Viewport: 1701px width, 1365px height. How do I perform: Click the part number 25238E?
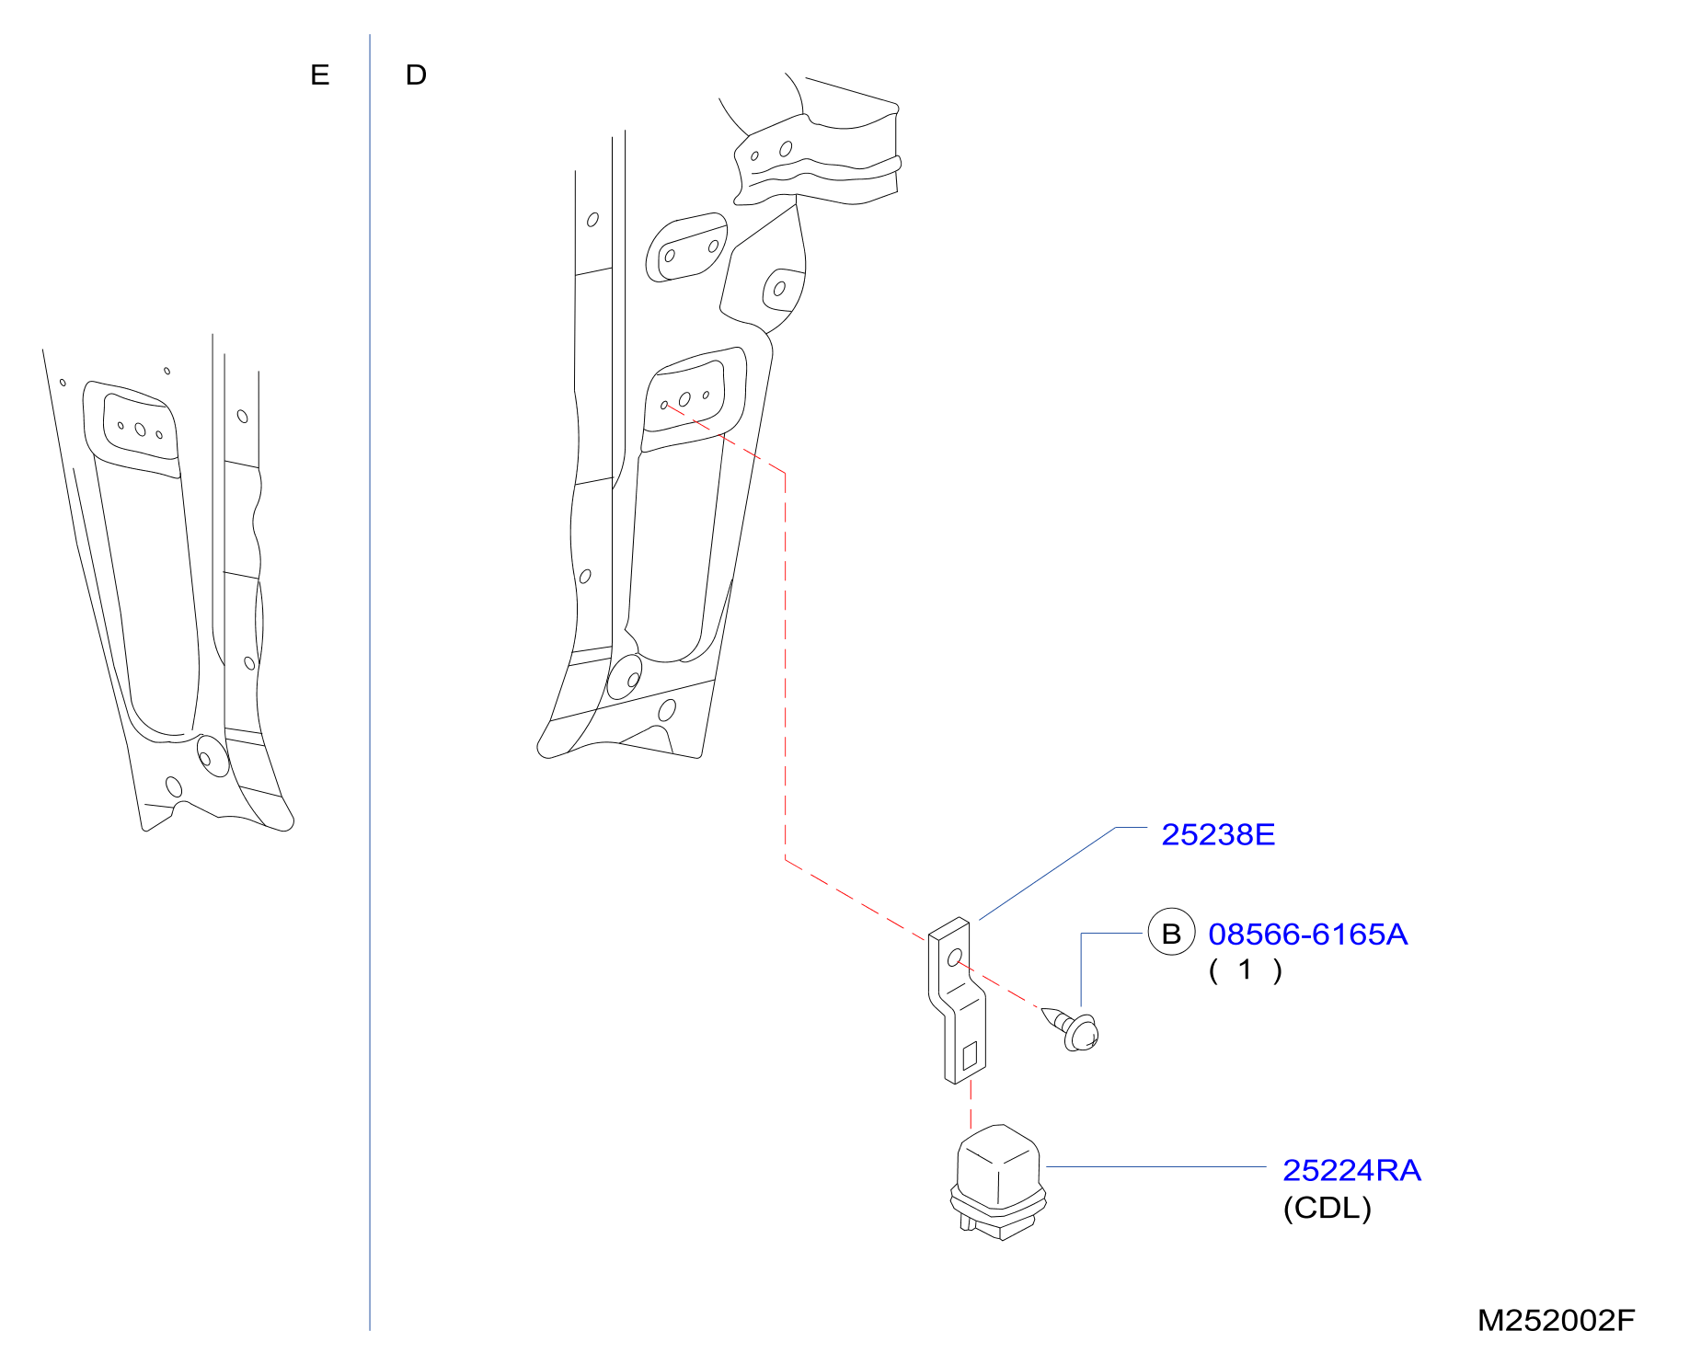1218,834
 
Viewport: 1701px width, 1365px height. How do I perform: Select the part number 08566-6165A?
1307,934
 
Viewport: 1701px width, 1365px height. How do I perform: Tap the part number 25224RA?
1351,1170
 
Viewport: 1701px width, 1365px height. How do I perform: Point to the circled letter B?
1171,933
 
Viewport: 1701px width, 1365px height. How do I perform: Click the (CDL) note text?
1327,1208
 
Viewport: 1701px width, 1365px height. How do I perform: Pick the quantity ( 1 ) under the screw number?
1245,969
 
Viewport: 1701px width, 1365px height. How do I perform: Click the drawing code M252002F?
1556,1320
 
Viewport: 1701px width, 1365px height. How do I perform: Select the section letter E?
319,75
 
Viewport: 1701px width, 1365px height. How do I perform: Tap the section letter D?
416,75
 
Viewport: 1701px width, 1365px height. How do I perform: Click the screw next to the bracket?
1074,1027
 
